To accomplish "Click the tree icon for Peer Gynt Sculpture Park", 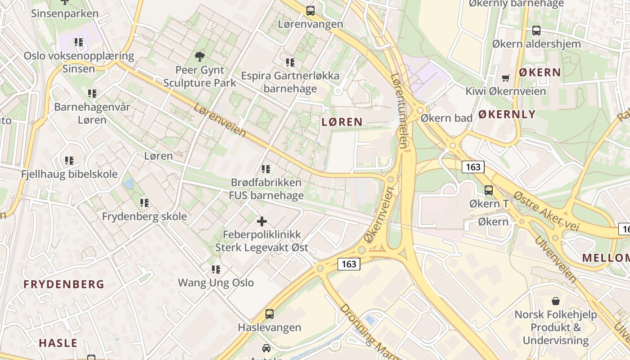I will tap(200, 56).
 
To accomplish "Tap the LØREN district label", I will tap(342, 121).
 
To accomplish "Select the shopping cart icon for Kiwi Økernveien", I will tap(505, 78).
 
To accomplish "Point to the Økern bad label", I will tap(446, 118).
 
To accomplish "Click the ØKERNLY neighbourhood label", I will tap(507, 114).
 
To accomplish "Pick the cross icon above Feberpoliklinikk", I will tap(261, 221).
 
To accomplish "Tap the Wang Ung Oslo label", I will tap(216, 283).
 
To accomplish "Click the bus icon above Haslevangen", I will tap(270, 314).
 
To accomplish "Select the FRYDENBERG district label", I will tap(64, 284).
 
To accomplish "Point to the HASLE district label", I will tap(58, 343).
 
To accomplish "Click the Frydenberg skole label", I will tap(144, 216).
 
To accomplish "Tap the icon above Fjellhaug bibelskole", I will tap(69, 161).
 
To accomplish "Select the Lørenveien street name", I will tap(220, 120).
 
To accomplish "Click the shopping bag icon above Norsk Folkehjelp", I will tap(556, 301).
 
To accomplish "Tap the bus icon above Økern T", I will tap(489, 190).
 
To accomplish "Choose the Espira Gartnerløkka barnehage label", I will tap(290, 82).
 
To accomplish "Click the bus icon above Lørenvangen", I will tap(310, 11).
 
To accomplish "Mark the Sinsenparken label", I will tap(65, 13).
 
